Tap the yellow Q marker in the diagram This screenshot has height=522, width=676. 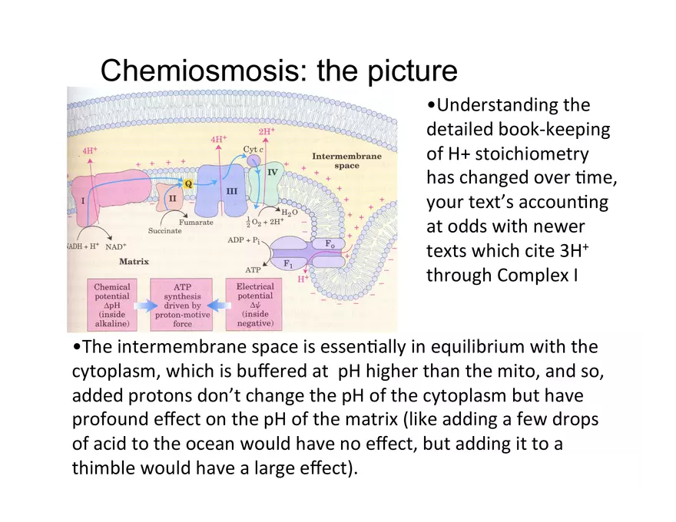pyautogui.click(x=188, y=184)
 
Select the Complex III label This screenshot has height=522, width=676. pyautogui.click(x=232, y=191)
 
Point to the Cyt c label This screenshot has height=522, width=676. pyautogui.click(x=253, y=150)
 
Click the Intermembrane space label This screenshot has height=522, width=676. pyautogui.click(x=347, y=160)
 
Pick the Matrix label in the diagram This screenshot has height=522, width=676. pyautogui.click(x=134, y=262)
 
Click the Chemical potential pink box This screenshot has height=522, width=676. pyautogui.click(x=112, y=305)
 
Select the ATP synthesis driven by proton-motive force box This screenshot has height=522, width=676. pyautogui.click(x=181, y=305)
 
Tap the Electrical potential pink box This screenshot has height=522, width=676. pyautogui.click(x=254, y=305)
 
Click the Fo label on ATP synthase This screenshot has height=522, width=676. pyautogui.click(x=330, y=244)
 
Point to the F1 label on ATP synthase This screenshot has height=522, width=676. pyautogui.click(x=288, y=263)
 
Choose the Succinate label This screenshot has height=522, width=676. pyautogui.click(x=164, y=231)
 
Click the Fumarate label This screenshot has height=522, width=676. pyautogui.click(x=196, y=223)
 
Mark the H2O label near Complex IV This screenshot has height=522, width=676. pyautogui.click(x=290, y=213)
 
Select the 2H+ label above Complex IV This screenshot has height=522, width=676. pyautogui.click(x=267, y=131)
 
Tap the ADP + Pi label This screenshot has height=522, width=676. pyautogui.click(x=244, y=240)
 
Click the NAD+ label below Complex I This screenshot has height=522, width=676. pyautogui.click(x=116, y=246)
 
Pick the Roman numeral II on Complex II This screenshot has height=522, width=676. pyautogui.click(x=172, y=198)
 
